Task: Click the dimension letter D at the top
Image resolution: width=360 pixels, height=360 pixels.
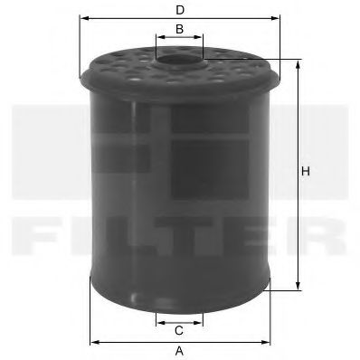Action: click(180, 9)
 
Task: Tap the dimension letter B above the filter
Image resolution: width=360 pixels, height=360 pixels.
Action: click(179, 30)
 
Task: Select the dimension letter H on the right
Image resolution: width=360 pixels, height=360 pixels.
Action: click(306, 172)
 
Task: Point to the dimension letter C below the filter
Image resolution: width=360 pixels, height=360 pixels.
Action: click(179, 330)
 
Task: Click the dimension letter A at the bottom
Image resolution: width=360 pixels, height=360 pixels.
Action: click(179, 351)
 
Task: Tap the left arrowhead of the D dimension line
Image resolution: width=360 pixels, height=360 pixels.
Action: click(83, 18)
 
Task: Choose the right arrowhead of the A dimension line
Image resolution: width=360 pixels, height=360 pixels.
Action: click(269, 341)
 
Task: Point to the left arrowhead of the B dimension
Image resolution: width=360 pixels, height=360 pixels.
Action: click(158, 40)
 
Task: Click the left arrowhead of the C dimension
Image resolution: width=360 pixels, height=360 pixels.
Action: click(158, 319)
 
